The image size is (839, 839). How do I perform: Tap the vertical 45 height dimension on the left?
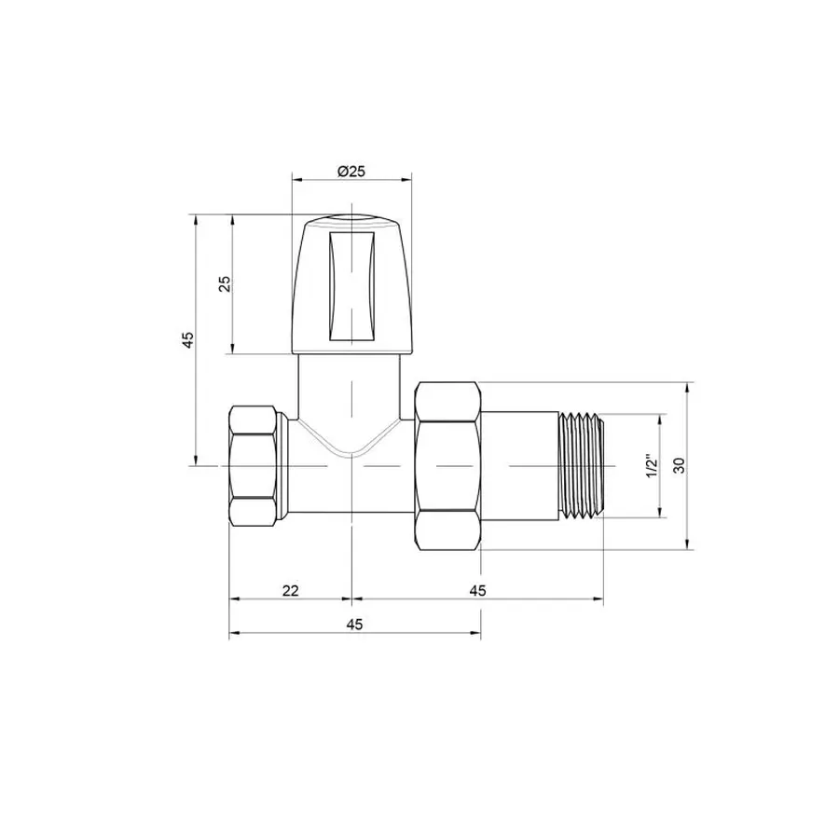tap(188, 339)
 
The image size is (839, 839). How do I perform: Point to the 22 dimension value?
tap(290, 590)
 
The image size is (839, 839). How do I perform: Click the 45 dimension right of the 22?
tap(478, 590)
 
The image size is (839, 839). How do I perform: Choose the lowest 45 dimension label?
tap(354, 625)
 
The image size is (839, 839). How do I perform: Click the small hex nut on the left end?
tap(254, 464)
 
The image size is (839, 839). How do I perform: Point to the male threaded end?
tap(581, 464)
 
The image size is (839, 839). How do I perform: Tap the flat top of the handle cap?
tap(351, 221)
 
